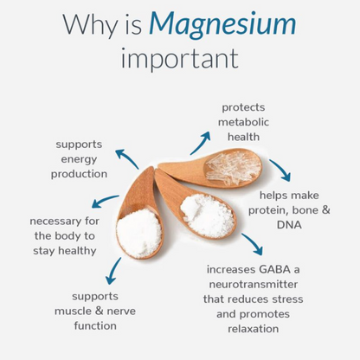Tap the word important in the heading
(179, 60)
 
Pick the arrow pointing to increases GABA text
(252, 244)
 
